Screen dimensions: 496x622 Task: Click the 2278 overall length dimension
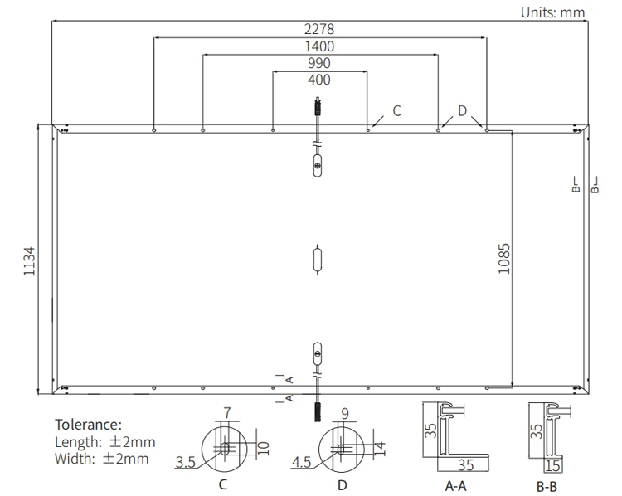click(319, 29)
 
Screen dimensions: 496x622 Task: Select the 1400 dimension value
click(319, 46)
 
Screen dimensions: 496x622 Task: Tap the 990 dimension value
click(319, 64)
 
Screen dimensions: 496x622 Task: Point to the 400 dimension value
click(319, 80)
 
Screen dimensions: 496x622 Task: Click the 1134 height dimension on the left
click(30, 260)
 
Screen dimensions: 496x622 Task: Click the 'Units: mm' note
click(552, 12)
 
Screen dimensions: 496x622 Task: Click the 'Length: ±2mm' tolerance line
click(104, 442)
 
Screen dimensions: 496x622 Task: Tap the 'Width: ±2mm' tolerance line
click(101, 458)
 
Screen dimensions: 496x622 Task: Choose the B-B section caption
click(547, 485)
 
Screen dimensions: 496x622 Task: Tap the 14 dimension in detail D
click(380, 447)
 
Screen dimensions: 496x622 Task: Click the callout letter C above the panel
click(396, 110)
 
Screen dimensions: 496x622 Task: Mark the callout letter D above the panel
click(462, 110)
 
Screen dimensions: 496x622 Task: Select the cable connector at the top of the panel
click(316, 108)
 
